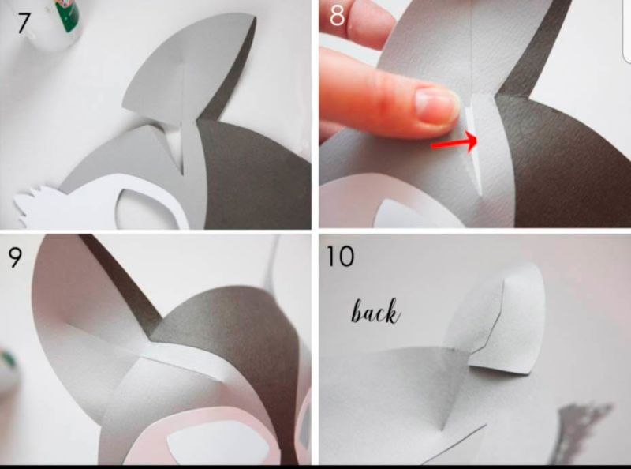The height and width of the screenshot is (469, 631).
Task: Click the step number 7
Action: pos(24,24)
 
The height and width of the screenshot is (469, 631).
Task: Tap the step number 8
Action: pos(337,16)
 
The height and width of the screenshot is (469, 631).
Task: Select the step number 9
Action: pos(15,257)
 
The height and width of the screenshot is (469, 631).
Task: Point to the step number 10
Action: pos(340,257)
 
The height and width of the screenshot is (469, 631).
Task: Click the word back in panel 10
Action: pos(376,311)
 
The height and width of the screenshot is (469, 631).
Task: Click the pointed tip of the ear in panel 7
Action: pos(255,17)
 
